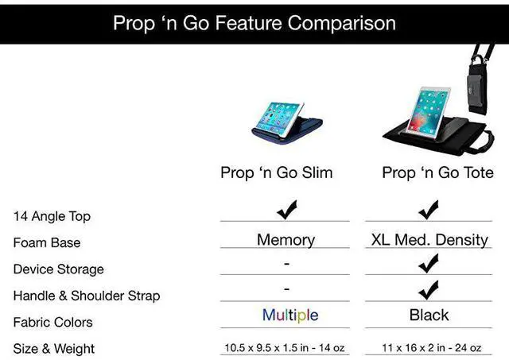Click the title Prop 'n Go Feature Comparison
(x=254, y=22)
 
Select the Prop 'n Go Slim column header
(x=276, y=172)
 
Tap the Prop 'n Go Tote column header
(x=437, y=172)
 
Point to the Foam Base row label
(x=47, y=242)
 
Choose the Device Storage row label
(x=58, y=269)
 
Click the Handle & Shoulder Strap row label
(x=86, y=296)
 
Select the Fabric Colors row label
(x=52, y=322)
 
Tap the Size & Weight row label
(x=54, y=349)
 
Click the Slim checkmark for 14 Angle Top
(x=286, y=210)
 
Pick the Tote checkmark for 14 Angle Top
(x=429, y=210)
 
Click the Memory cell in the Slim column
(x=286, y=239)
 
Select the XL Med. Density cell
(x=429, y=239)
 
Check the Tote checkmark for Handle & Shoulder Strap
(x=429, y=289)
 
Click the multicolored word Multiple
(x=290, y=315)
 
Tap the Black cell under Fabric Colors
(x=429, y=315)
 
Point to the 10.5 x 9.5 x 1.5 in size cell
(x=286, y=348)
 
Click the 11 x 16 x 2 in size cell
(x=429, y=348)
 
